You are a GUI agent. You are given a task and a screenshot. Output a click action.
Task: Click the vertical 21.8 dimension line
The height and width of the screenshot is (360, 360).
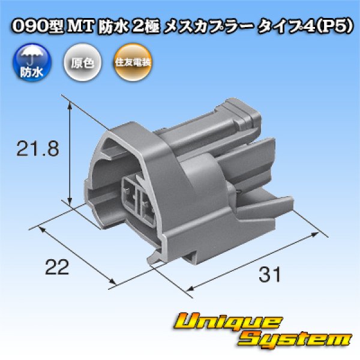point(71,153)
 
